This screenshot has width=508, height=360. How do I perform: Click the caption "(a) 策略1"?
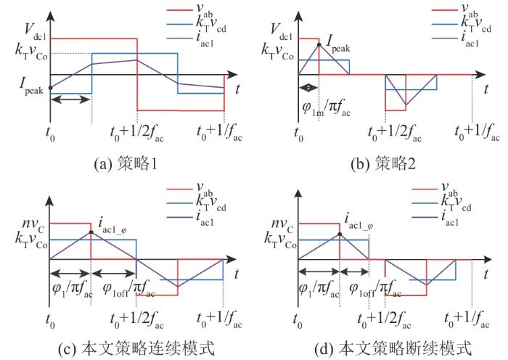coord(126,163)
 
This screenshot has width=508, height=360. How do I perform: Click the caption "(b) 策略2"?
coord(383,163)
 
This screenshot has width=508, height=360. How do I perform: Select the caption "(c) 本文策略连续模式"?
coord(136,348)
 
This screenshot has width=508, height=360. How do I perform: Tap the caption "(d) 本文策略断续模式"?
coord(393,348)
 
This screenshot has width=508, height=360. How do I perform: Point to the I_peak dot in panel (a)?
coord(50,88)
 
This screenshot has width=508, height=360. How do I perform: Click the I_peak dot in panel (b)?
coord(319,45)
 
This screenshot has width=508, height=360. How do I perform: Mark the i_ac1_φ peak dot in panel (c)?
coord(91,232)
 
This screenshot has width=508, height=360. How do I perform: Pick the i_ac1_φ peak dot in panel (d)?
coord(340,234)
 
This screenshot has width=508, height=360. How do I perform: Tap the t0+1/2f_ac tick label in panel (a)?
coord(137,133)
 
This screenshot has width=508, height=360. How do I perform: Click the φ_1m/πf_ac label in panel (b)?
coord(327,108)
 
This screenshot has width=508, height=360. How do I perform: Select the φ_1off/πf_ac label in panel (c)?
coord(128,288)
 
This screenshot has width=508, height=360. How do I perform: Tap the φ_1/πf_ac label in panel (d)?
coord(319,288)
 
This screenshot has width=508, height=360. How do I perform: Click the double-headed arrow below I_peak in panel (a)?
coord(70,99)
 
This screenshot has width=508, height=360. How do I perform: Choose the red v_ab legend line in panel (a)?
coord(179,10)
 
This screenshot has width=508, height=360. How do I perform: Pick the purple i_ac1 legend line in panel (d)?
coord(425,217)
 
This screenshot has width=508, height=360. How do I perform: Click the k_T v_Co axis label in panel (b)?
coord(278,52)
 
